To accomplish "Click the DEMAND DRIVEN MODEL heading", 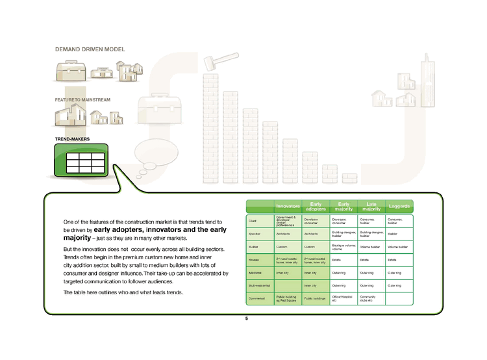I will [90, 49].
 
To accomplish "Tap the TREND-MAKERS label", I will [72, 139].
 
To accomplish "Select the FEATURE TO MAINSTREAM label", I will [82, 99].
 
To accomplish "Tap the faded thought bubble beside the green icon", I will [155, 153].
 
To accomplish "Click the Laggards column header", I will [399, 207].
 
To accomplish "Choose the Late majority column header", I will [371, 207].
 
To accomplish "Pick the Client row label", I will [253, 222].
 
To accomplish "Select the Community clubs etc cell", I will [371, 299].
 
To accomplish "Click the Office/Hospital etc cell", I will [343, 299].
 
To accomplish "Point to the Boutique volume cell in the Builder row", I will [343, 247].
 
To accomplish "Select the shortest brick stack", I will [349, 177].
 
